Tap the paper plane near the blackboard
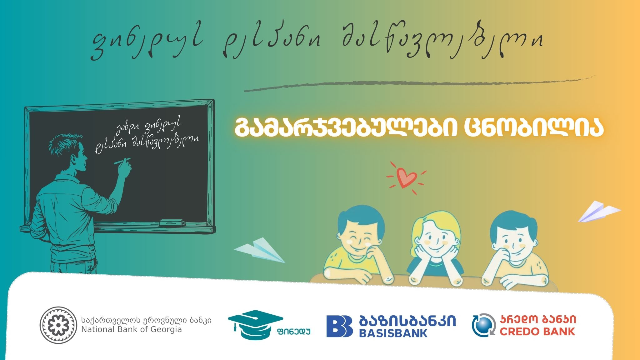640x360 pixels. click(259, 250)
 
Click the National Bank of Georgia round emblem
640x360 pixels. click(58, 325)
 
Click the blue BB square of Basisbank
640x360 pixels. click(340, 326)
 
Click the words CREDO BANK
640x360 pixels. click(537, 331)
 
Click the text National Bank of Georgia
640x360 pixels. click(132, 329)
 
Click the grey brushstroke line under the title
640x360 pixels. click(419, 83)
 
